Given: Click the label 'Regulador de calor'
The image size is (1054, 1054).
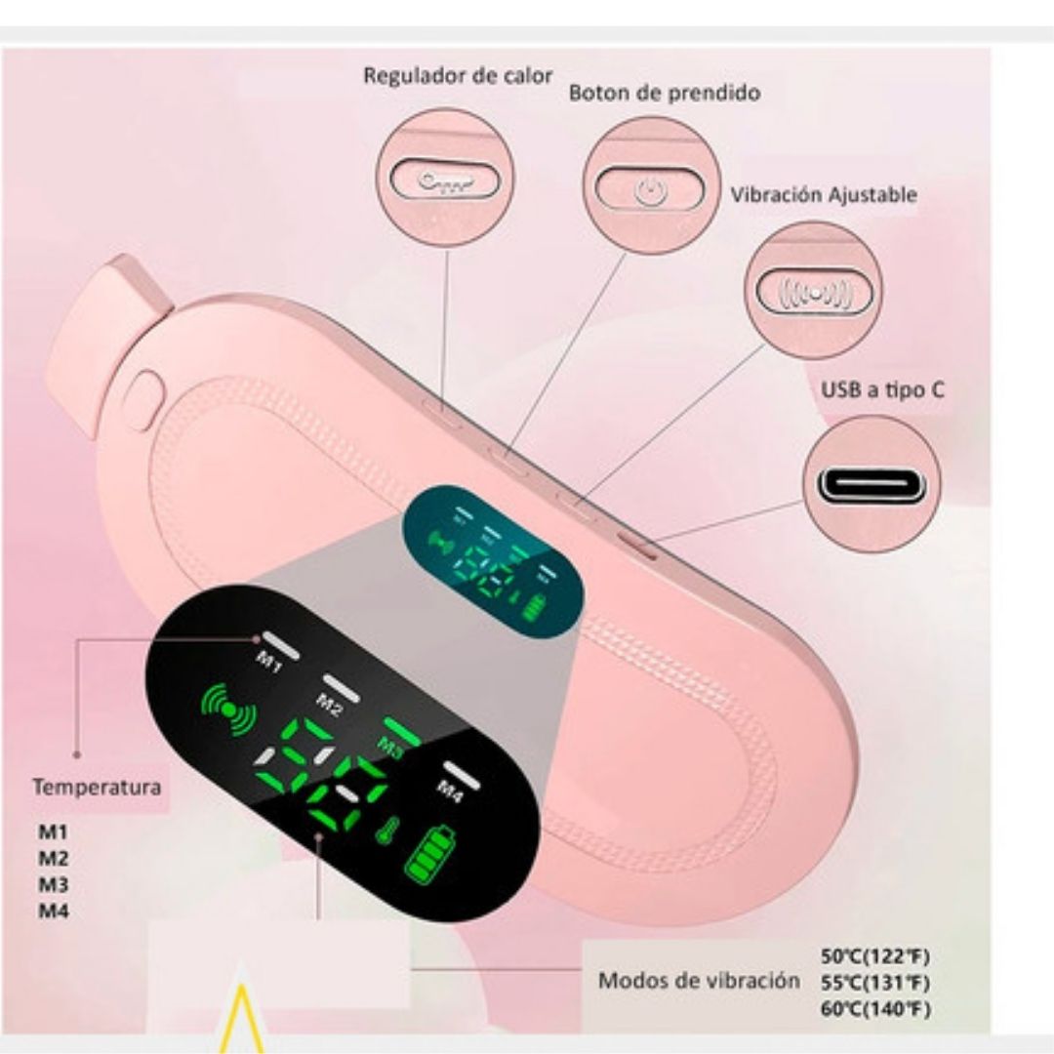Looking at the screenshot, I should [x=458, y=76].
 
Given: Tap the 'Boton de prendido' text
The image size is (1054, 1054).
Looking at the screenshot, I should [x=665, y=94].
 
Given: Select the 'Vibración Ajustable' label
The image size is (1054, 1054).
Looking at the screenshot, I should [x=824, y=194].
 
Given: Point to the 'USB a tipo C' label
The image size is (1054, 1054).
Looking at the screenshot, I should [x=881, y=390].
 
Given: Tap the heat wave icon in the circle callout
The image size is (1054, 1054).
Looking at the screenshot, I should [x=443, y=180].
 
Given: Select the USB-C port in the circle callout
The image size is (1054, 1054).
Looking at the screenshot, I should [x=872, y=483].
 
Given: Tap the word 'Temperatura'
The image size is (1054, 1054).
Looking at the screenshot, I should [x=97, y=787].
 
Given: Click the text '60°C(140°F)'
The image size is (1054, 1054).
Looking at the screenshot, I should [x=875, y=1008].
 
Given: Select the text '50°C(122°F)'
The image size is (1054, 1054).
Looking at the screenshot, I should [x=875, y=956].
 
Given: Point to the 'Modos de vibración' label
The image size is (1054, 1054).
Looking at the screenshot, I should [x=698, y=981].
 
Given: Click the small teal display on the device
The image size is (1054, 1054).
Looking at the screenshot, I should [x=494, y=561].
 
